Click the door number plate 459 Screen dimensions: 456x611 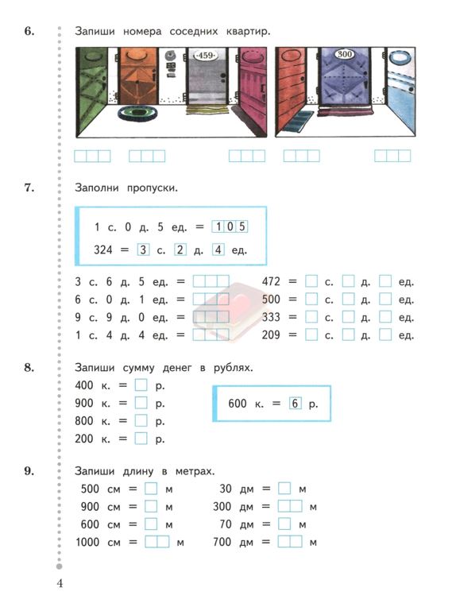pyautogui.click(x=206, y=56)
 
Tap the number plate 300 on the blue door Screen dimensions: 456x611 pyautogui.click(x=345, y=54)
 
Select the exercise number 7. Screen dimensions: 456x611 pyautogui.click(x=29, y=188)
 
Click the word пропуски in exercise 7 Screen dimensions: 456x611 pyautogui.click(x=153, y=188)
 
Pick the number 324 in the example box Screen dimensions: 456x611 pyautogui.click(x=103, y=249)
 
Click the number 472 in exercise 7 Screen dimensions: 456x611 pyautogui.click(x=271, y=281)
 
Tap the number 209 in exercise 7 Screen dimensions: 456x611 pyautogui.click(x=271, y=335)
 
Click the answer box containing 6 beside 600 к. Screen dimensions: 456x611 pyautogui.click(x=295, y=404)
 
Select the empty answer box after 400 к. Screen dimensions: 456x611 pyautogui.click(x=141, y=385)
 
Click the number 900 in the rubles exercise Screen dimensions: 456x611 pyautogui.click(x=83, y=403)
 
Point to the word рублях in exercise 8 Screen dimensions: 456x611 pyautogui.click(x=233, y=368)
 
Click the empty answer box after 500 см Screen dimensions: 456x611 pyautogui.click(x=151, y=489)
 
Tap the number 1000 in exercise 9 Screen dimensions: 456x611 pyautogui.click(x=87, y=542)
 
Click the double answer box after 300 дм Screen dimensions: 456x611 pyautogui.click(x=290, y=507)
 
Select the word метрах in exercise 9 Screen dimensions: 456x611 pyautogui.click(x=195, y=471)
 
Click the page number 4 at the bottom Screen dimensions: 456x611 pyautogui.click(x=60, y=583)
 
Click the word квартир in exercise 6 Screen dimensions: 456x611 pyautogui.click(x=249, y=31)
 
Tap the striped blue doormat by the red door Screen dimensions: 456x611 pyautogui.click(x=298, y=121)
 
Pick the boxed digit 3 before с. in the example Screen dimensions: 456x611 pyautogui.click(x=143, y=249)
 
